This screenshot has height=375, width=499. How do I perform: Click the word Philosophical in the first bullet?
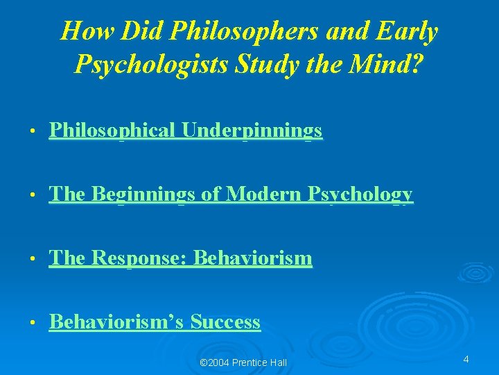(x=112, y=131)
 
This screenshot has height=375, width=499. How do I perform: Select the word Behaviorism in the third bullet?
(x=253, y=258)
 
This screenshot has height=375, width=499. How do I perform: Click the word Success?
(x=225, y=322)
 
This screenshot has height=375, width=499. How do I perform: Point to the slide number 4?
(x=466, y=359)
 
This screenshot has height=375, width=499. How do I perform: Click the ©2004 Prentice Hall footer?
(x=243, y=362)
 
